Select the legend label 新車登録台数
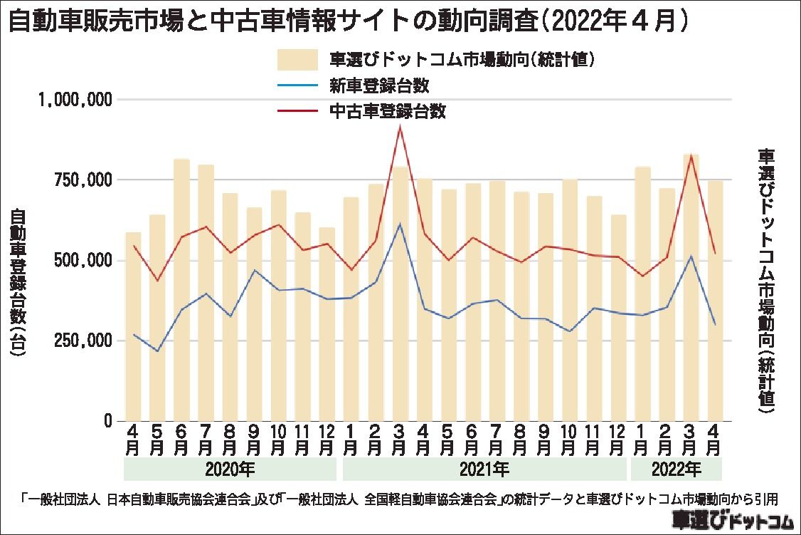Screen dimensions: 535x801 click(x=378, y=86)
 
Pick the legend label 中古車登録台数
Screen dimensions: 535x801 click(x=387, y=111)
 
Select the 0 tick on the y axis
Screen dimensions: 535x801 click(x=108, y=421)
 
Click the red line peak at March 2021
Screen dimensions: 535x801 click(x=400, y=126)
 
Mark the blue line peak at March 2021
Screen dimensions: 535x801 click(x=400, y=224)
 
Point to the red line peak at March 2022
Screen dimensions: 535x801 click(x=691, y=155)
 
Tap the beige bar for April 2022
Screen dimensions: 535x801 click(x=715, y=299)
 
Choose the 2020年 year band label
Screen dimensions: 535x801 click(x=230, y=469)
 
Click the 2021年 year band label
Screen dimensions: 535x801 click(x=484, y=469)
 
